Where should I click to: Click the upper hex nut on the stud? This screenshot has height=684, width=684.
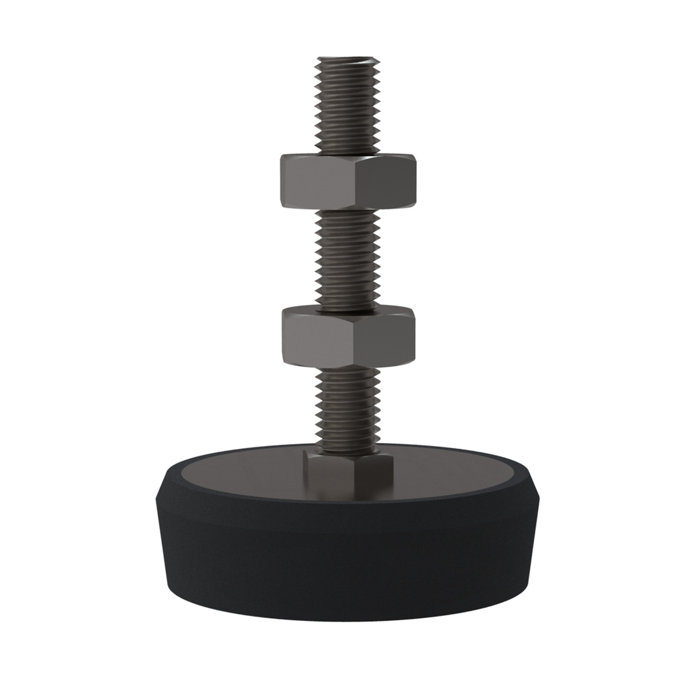347,182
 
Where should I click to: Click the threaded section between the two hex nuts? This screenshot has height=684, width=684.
347,260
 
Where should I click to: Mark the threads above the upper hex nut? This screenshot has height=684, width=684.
347,109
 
